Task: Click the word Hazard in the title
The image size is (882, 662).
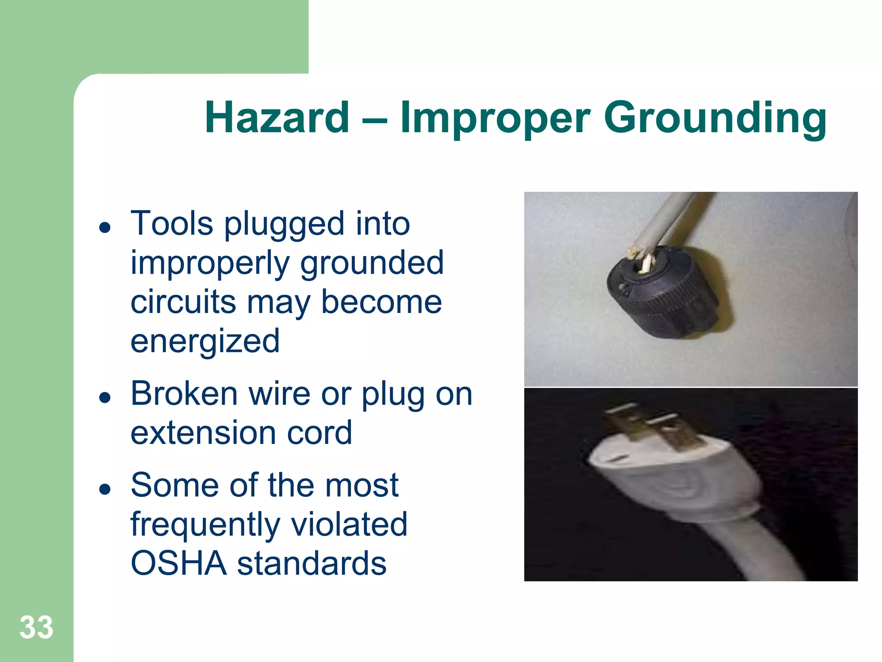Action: (277, 118)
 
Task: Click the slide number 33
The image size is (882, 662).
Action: (36, 627)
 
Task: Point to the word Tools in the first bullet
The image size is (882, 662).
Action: (171, 224)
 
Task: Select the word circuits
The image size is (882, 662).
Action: (183, 302)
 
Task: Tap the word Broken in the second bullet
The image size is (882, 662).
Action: (184, 393)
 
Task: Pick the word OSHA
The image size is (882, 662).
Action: (178, 563)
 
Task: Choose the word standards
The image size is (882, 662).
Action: (312, 563)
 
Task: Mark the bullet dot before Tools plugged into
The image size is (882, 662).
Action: (105, 227)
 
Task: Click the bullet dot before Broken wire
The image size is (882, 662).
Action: (105, 397)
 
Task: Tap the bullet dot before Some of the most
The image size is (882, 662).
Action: (105, 489)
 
